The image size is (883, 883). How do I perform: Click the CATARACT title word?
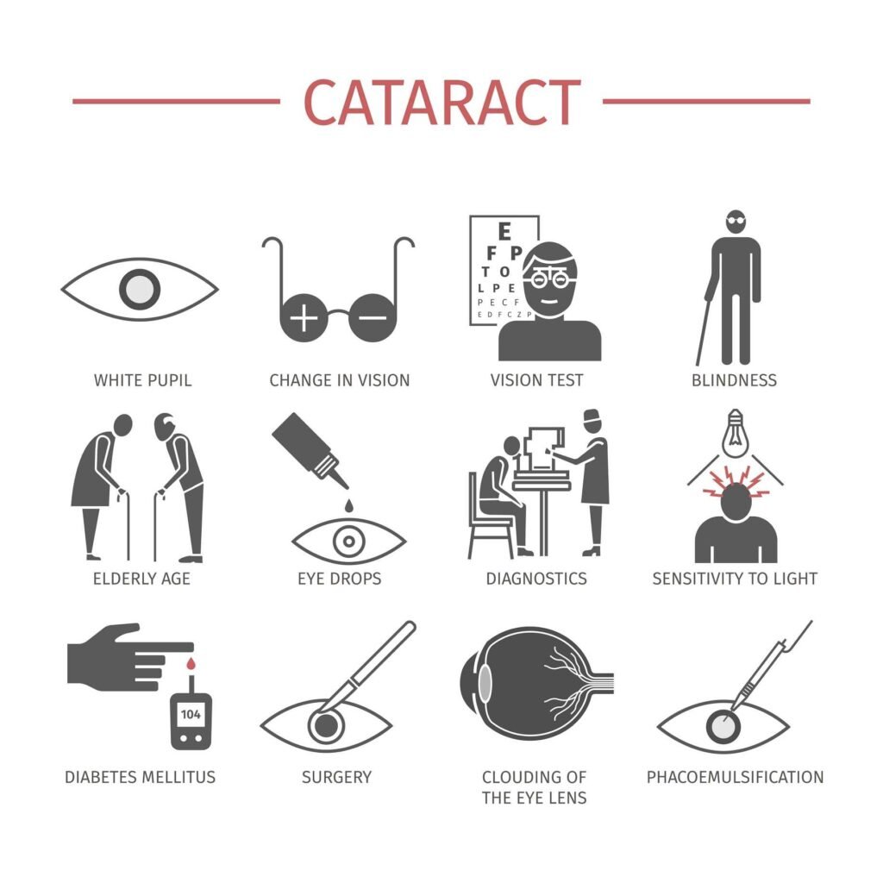point(441,102)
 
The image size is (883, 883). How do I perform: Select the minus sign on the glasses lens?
point(373,318)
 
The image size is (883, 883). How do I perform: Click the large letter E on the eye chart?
point(504,231)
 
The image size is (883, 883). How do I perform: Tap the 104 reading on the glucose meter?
point(189,714)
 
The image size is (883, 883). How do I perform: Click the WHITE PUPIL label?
point(142,380)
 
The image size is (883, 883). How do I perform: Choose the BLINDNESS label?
point(734,380)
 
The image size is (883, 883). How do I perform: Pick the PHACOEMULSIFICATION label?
point(735,777)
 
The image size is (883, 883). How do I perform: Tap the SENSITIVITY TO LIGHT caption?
point(735,579)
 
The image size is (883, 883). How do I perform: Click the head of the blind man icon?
point(735,222)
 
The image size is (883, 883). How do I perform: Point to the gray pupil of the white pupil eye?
point(140,289)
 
